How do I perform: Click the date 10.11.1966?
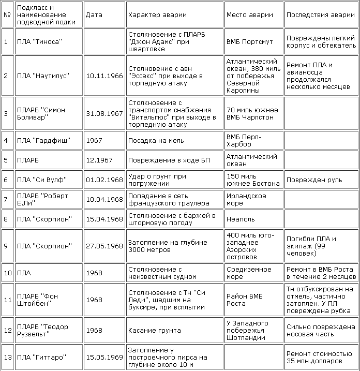103,76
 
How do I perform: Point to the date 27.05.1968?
103,246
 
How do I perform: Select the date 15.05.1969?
103,358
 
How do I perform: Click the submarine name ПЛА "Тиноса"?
39,42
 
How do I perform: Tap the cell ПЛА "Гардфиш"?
43,141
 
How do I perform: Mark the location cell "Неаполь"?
241,219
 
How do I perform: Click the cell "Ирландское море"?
246,200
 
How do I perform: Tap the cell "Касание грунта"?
154,330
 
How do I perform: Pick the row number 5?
6,160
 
